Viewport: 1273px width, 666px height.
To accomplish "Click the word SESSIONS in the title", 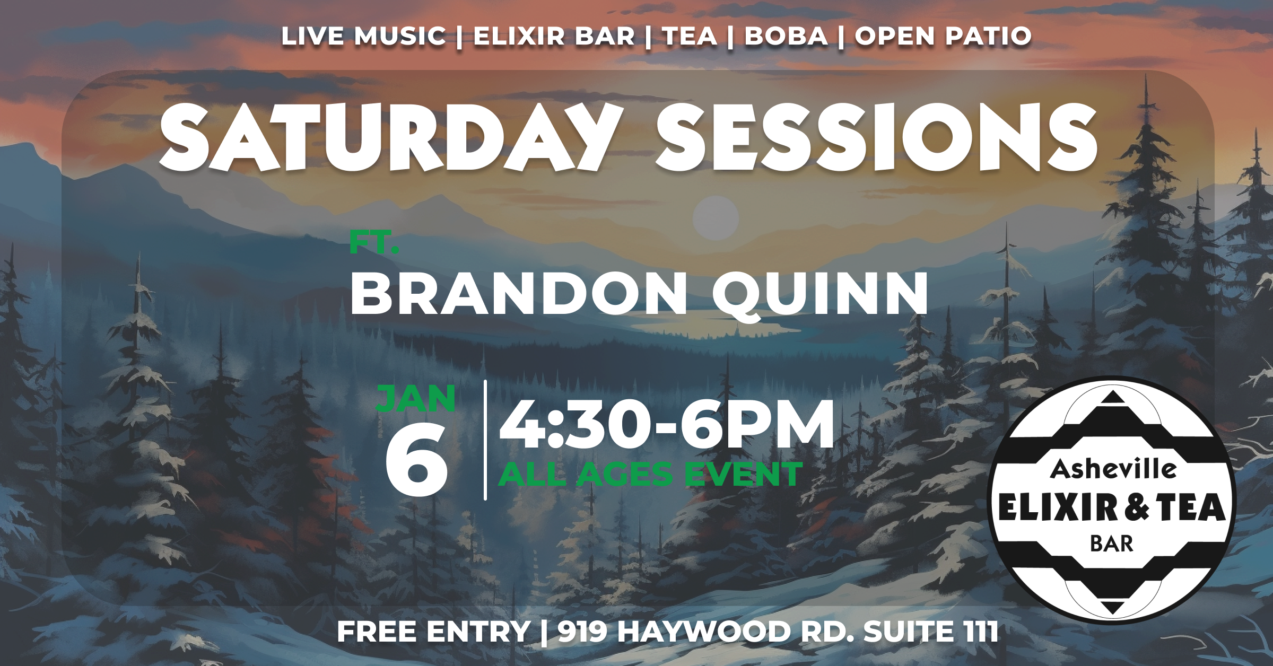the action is [x=877, y=137].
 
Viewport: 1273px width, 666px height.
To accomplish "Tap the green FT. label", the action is [x=374, y=242].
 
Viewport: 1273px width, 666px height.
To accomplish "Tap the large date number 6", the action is [x=416, y=459].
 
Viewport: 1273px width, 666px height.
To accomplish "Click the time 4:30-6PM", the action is [x=667, y=424].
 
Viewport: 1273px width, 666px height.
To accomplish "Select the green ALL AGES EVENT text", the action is [x=650, y=474].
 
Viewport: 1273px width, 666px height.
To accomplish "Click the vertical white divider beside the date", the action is [x=485, y=440].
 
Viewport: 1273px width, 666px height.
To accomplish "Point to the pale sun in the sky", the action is [x=716, y=218].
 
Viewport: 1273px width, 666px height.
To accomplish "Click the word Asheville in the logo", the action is [x=1113, y=469].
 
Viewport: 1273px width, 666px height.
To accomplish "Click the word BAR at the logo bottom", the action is [x=1112, y=544].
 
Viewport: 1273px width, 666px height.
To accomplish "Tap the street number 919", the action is [x=582, y=632].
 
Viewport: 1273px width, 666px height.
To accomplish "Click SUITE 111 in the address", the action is [x=931, y=632].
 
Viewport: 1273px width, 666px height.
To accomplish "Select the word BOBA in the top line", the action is [x=786, y=36].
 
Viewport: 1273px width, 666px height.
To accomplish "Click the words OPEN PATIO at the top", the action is [x=943, y=36].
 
